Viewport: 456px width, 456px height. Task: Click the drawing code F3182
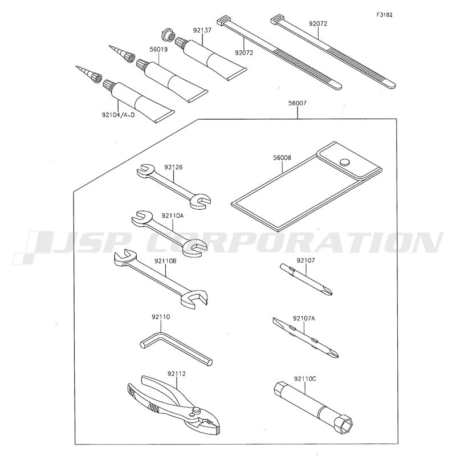coord(384,15)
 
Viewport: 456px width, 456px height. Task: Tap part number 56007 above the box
coord(297,103)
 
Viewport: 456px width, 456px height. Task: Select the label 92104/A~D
coord(118,115)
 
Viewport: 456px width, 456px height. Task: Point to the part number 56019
coord(158,49)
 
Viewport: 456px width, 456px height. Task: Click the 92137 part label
coord(202,30)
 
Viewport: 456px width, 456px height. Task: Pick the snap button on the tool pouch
coord(345,162)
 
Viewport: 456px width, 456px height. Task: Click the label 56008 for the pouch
coord(282,158)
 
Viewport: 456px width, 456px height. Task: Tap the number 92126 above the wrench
coord(173,167)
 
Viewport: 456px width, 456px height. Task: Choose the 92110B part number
coord(165,261)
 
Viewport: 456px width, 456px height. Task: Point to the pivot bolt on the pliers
coord(196,411)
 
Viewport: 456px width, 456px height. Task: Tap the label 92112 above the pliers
coord(176,373)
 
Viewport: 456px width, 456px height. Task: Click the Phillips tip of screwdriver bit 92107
coord(329,291)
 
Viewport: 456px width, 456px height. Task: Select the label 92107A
coord(304,319)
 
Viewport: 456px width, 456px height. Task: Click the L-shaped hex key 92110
coord(176,349)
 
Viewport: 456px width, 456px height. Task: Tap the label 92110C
coord(305,379)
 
